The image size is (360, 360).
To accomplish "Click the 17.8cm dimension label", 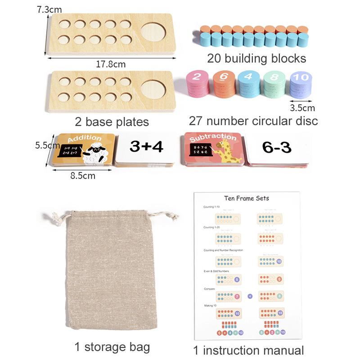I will pos(110,64).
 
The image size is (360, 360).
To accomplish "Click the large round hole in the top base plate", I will pos(153,32).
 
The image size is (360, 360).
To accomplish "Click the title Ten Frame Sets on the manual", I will pos(247,198).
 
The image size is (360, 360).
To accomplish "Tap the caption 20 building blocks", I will pos(256,58).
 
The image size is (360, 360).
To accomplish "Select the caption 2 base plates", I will pos(112,121).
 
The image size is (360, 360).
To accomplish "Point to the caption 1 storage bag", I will pos(112,347).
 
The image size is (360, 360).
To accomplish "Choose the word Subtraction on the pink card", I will pos(213,137).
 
